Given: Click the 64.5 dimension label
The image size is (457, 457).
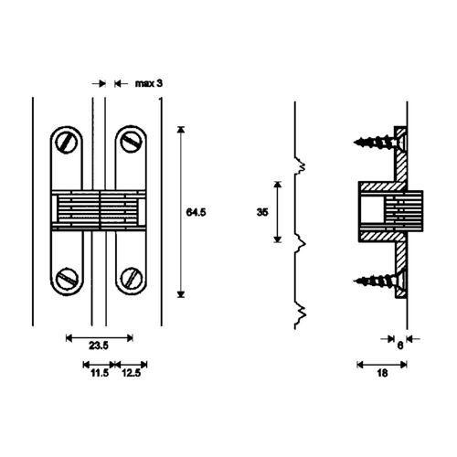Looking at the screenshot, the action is click(x=196, y=212).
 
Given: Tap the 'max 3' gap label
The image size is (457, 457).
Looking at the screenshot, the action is click(x=149, y=83).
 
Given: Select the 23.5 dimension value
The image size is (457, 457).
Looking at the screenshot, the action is click(x=99, y=345).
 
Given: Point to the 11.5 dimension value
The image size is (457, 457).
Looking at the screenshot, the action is click(x=100, y=373).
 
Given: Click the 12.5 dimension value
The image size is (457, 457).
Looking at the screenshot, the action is click(x=132, y=373).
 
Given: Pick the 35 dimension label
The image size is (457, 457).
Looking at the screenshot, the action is click(x=262, y=212).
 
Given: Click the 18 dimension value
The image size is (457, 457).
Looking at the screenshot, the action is click(x=382, y=373).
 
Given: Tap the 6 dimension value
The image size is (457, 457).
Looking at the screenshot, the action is click(x=400, y=345).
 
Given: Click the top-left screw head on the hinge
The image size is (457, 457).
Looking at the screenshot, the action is click(x=67, y=143).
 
